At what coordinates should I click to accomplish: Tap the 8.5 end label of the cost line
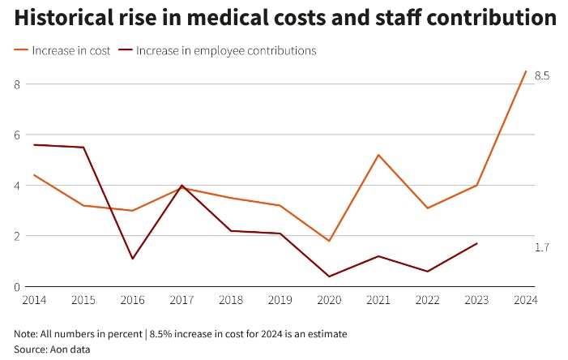(x=542, y=76)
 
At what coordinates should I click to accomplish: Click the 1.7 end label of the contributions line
(x=541, y=247)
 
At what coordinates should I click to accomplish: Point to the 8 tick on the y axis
(x=17, y=84)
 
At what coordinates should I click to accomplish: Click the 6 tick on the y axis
(x=17, y=135)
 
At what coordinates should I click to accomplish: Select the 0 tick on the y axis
(x=17, y=287)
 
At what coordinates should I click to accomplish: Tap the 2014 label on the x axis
(x=34, y=301)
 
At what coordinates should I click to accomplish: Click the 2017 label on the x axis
(x=182, y=301)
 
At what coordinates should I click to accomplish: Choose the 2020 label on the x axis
(x=329, y=301)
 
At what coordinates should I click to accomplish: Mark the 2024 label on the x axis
(x=526, y=301)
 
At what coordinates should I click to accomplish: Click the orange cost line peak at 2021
(x=378, y=155)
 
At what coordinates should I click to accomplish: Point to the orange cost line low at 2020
(x=329, y=241)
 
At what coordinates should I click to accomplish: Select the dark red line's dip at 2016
(x=132, y=259)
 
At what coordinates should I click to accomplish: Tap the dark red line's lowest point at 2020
(x=329, y=276)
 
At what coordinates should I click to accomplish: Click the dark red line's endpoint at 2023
(x=476, y=243)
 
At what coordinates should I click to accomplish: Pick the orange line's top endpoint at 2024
(x=526, y=71)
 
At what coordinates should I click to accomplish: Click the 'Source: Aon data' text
(x=52, y=349)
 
